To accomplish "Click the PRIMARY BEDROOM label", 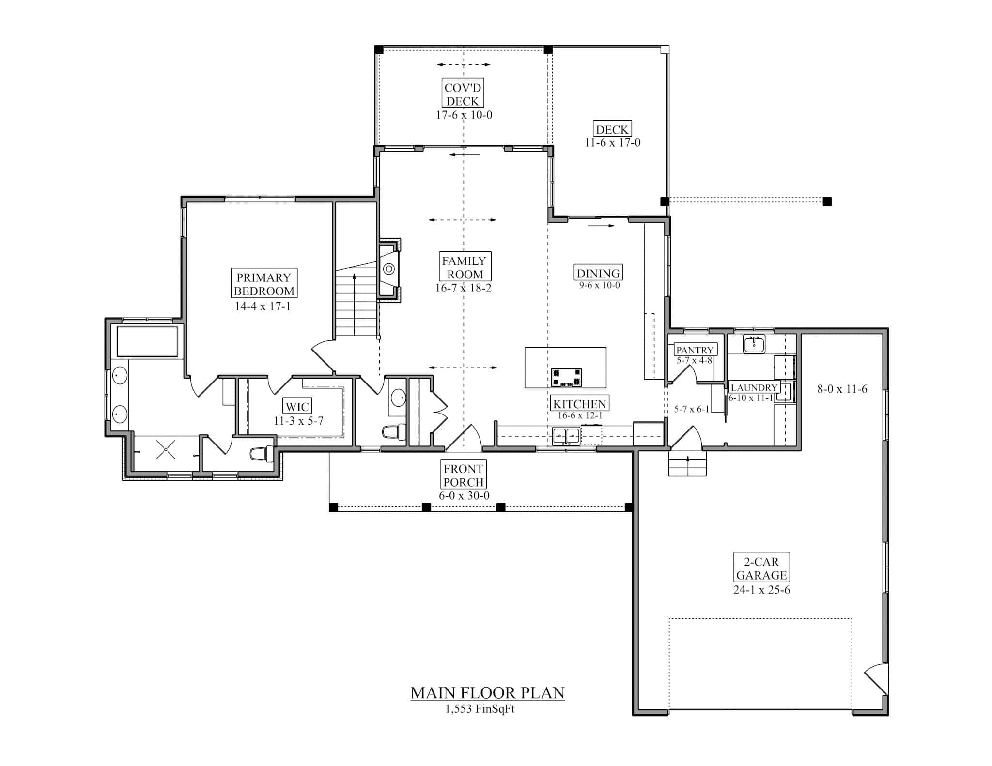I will (x=264, y=284).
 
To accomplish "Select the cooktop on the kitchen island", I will (x=566, y=377).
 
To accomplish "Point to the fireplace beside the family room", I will (x=388, y=270).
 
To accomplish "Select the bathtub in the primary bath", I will (x=147, y=341).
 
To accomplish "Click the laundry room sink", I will (x=754, y=344).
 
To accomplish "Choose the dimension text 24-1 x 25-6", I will (x=761, y=590).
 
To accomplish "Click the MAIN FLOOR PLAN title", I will (x=487, y=693).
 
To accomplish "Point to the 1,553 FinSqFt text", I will (x=480, y=709).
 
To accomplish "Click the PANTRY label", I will (x=695, y=350).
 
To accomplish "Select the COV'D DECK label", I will (x=463, y=94).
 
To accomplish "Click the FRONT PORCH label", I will (x=464, y=475).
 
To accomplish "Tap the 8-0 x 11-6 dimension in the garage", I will (x=842, y=389).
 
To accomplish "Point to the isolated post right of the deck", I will (x=827, y=201).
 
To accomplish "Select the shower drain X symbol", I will (x=166, y=450).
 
